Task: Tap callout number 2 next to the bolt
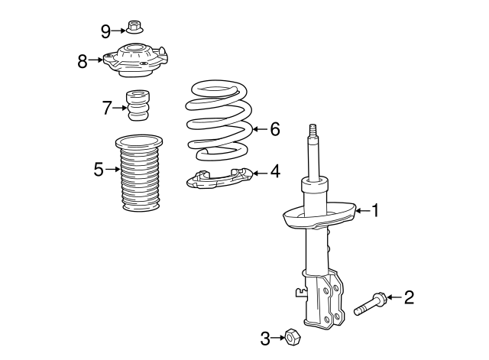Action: [409, 297]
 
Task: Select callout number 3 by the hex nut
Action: [265, 337]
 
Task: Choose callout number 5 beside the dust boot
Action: [98, 170]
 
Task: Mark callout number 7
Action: [106, 108]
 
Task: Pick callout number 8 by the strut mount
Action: [83, 61]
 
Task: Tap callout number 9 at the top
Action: [106, 31]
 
